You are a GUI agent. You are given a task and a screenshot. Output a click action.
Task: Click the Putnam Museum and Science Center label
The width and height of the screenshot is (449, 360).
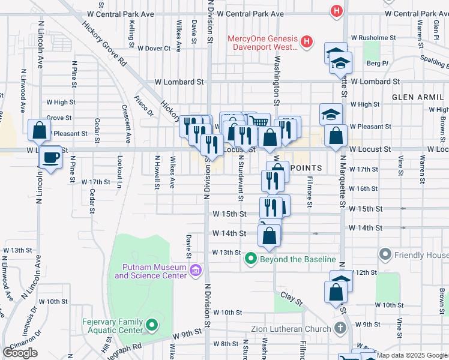pyautogui.click(x=146, y=271)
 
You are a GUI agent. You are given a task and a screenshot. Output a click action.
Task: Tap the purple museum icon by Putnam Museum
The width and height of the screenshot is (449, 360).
pyautogui.click(x=195, y=271)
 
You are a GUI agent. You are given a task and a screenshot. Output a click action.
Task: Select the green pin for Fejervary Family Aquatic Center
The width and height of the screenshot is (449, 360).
pyautogui.click(x=152, y=326)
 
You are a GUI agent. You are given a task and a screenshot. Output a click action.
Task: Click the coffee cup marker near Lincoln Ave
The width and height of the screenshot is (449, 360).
pyautogui.click(x=50, y=158)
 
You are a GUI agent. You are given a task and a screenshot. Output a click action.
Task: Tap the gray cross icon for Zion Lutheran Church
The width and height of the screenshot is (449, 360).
pyautogui.click(x=340, y=328)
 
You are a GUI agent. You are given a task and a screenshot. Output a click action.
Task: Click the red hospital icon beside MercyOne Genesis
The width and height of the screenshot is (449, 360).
pyautogui.click(x=307, y=41)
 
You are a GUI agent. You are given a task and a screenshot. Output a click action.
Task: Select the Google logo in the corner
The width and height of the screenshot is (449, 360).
pyautogui.click(x=20, y=353)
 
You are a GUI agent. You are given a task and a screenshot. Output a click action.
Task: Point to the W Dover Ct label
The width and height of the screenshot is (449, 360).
pyautogui.click(x=154, y=48)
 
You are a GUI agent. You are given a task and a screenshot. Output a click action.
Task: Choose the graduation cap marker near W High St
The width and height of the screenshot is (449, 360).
pyautogui.click(x=331, y=113)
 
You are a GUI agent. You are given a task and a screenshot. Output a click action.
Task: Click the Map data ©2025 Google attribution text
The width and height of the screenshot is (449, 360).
pyautogui.click(x=412, y=355)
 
